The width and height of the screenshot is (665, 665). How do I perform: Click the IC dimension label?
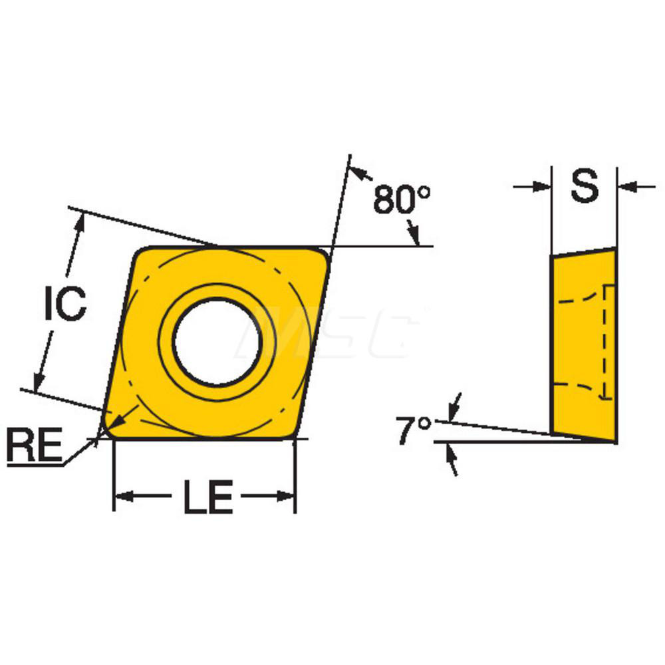tap(65, 305)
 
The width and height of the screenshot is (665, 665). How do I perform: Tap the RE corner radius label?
tap(33, 444)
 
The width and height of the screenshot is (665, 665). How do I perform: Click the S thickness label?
tap(585, 187)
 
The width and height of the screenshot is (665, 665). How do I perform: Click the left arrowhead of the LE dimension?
tap(124, 496)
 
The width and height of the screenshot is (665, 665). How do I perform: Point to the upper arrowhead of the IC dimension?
tap(81, 223)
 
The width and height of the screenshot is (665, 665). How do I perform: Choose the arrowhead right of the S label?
tap(627, 187)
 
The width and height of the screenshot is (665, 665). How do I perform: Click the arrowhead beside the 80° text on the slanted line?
tap(360, 174)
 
